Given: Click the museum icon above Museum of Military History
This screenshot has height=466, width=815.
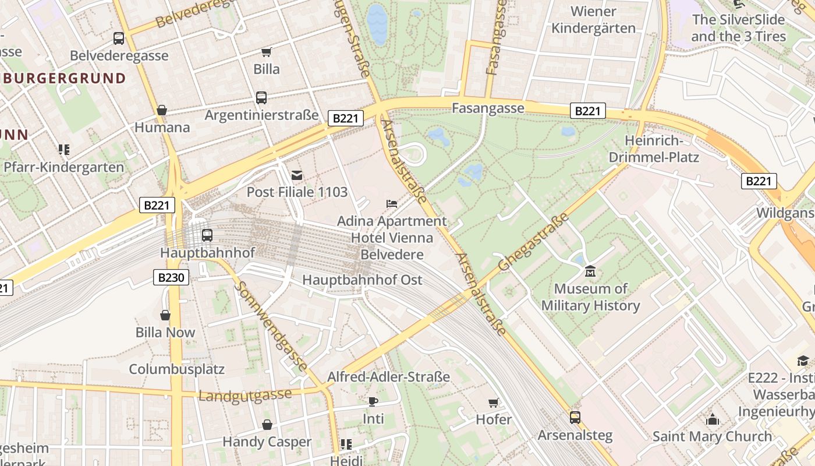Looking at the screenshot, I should pos(590,271).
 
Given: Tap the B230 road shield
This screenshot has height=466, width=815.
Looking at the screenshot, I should pos(171,277).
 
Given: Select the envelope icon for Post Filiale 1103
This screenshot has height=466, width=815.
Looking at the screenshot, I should pos(297,175).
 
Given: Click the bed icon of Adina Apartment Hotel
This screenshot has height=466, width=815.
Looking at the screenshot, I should pos(392,204).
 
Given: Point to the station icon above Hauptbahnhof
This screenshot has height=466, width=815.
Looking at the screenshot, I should pos(207,235).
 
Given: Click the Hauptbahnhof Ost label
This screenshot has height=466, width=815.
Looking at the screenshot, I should pos(362,280).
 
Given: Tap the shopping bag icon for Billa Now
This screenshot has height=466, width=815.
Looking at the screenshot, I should pos(165,316).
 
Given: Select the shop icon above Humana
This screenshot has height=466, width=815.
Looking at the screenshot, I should pos(162,110).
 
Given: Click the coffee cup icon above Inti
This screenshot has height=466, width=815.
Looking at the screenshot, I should pos(373,401).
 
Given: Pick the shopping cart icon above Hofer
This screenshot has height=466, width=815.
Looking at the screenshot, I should pos(493,403).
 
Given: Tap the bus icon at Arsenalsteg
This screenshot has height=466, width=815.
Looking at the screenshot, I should pos(575,418).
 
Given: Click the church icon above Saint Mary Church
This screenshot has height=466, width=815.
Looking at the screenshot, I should pos(712,419).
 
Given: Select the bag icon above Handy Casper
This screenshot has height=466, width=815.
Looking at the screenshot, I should pos(267,425).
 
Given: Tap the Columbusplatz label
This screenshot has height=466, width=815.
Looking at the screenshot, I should pos(176,369).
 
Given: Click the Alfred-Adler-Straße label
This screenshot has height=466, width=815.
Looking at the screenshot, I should pos(388,377).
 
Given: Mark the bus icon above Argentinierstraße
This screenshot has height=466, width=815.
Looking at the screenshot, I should pos(261,98).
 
